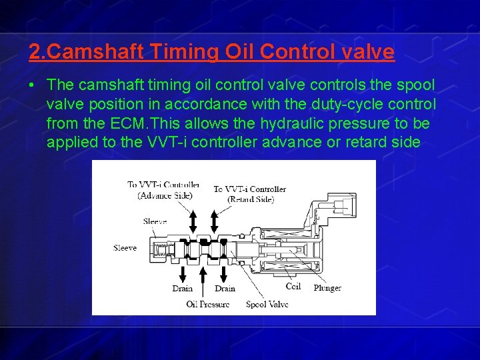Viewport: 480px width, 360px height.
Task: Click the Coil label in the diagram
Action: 293,287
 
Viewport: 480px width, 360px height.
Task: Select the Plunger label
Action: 327,288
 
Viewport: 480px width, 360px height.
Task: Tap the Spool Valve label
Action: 267,304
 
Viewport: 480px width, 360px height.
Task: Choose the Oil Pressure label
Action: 208,304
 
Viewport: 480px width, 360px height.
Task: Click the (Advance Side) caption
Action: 165,195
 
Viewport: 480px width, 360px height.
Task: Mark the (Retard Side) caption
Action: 251,199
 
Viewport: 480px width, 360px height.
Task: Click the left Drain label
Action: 182,289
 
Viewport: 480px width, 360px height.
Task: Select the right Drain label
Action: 225,289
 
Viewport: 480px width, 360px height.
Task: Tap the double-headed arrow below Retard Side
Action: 215,220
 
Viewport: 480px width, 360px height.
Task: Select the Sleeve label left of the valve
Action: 125,248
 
